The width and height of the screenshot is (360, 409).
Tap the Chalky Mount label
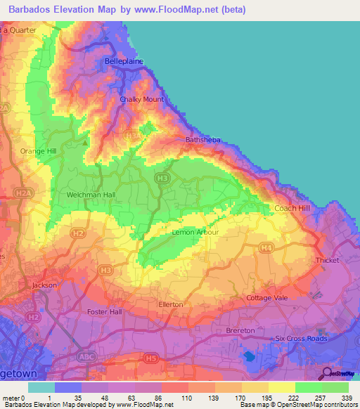(x=141, y=99)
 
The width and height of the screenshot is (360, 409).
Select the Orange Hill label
(x=37, y=151)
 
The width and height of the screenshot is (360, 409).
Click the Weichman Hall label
(x=90, y=195)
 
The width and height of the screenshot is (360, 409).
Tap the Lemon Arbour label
(x=195, y=232)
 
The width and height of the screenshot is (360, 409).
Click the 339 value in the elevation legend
(x=348, y=397)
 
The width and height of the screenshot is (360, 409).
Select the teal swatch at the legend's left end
(x=41, y=387)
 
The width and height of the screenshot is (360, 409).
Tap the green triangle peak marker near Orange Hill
(x=86, y=143)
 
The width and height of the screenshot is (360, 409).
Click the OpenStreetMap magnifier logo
(x=327, y=372)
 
